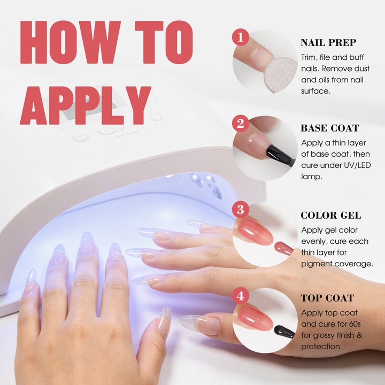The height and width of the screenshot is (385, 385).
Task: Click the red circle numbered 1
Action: tap(241, 37)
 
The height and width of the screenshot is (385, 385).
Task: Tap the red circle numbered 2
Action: tap(241, 124)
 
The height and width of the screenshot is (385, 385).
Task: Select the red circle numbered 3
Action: tap(241, 210)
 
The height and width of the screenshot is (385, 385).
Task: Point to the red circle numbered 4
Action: tap(241, 296)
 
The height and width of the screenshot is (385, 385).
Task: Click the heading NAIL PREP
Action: tap(328, 42)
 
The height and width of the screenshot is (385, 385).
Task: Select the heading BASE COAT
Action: tap(330, 128)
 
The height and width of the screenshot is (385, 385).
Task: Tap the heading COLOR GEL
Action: tap(331, 215)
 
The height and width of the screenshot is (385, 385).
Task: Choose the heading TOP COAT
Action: tap(327, 298)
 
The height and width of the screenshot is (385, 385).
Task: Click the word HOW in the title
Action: tap(71, 42)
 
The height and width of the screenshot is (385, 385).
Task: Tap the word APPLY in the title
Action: tap(86, 105)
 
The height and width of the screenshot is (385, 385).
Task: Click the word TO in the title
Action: tap(164, 42)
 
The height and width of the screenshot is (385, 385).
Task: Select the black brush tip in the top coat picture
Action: tap(284, 332)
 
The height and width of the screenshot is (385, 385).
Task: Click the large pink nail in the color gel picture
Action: tap(255, 232)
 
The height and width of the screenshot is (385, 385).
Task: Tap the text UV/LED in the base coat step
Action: tap(357, 165)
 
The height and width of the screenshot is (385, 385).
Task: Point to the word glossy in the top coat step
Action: tap(322, 336)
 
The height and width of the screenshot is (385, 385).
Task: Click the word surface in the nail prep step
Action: tap(316, 91)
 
